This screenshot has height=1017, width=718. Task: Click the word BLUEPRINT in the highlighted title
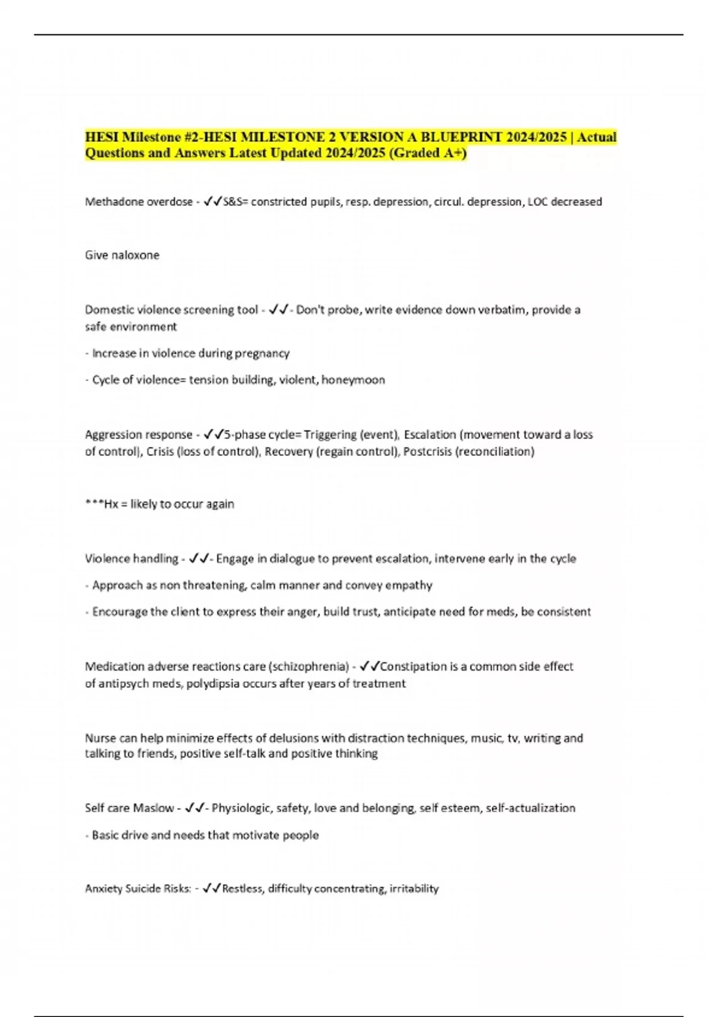pos(457,137)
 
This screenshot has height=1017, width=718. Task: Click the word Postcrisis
pos(427,451)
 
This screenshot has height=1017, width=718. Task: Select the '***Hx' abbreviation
pos(102,504)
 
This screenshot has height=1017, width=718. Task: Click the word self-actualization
pos(530,808)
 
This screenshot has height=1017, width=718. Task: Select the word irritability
pos(414,889)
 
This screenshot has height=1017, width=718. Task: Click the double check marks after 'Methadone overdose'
pos(212,202)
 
